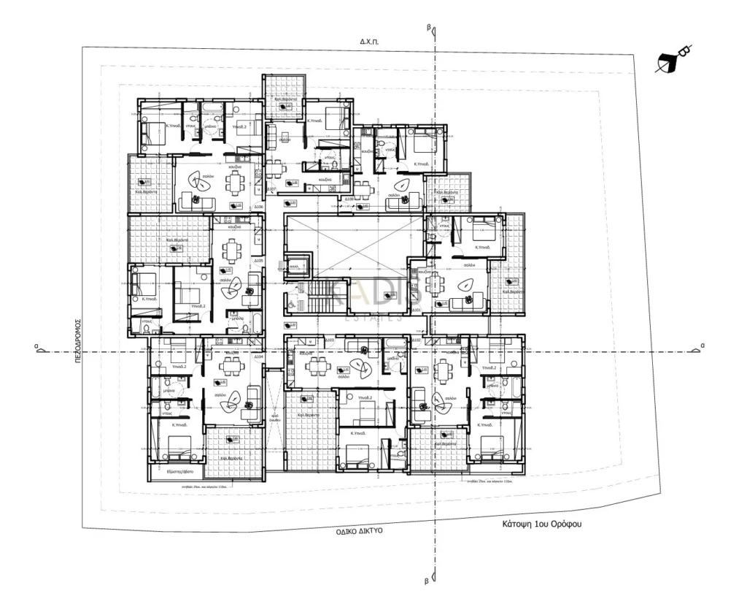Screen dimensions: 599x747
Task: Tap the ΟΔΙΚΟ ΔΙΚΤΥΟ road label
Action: click(358, 533)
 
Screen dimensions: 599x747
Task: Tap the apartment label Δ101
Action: click(417, 310)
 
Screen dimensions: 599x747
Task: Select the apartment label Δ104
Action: click(258, 356)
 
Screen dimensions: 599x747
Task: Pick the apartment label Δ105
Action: click(258, 260)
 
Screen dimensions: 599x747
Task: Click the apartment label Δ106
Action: click(258, 207)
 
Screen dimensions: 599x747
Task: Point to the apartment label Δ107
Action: click(271, 190)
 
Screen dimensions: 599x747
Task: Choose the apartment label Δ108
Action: click(349, 199)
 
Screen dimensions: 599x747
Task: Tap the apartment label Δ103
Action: click(329, 340)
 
